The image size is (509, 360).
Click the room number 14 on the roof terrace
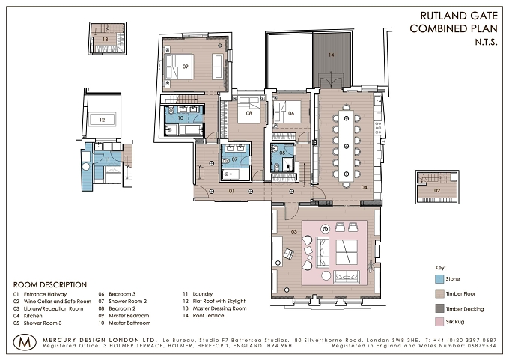[x=331, y=55]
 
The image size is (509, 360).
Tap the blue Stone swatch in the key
[x=439, y=279]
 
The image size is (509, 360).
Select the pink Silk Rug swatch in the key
[x=439, y=322]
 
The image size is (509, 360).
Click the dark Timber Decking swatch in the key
[x=439, y=308]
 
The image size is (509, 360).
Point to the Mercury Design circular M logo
[x=25, y=342]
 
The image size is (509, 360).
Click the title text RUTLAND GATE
[x=459, y=16]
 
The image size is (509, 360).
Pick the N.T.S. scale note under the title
[x=486, y=42]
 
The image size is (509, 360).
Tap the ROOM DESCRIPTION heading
[x=50, y=285]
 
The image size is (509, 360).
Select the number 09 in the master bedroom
[x=185, y=67]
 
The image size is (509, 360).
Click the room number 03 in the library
[x=293, y=231]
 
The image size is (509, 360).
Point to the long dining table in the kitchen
[x=347, y=146]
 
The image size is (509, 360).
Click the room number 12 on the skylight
[x=103, y=120]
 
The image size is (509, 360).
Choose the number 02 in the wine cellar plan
[x=437, y=190]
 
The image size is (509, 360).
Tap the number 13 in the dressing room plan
[x=105, y=39]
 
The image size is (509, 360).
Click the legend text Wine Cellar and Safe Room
[x=58, y=301]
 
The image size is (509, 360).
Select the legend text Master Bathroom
[x=129, y=323]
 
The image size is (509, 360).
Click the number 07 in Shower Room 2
[x=235, y=159]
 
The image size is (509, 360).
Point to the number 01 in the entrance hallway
[x=231, y=191]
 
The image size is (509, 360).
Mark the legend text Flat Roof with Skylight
[x=219, y=301]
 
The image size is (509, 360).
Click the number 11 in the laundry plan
[x=107, y=159]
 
